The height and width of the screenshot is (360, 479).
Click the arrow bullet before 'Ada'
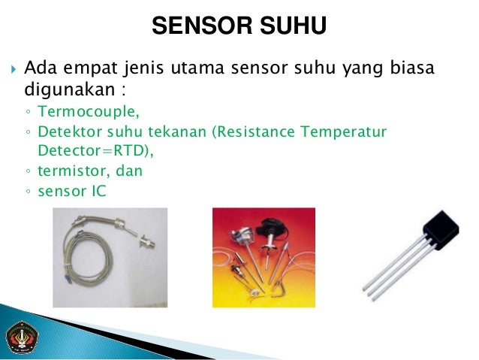point(13,71)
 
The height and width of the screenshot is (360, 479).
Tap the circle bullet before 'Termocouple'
point(28,113)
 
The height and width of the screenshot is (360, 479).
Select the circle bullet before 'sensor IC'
point(28,192)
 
